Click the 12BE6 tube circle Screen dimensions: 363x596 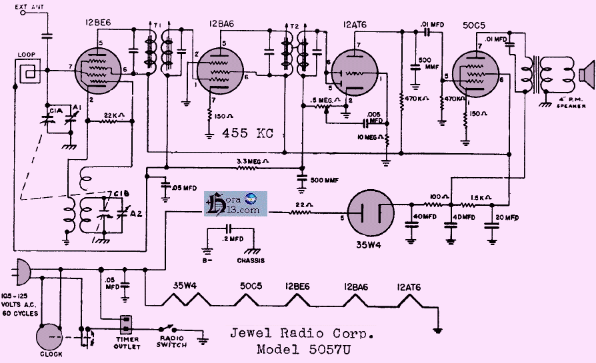coord(99,68)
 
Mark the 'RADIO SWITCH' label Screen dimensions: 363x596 coord(171,341)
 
